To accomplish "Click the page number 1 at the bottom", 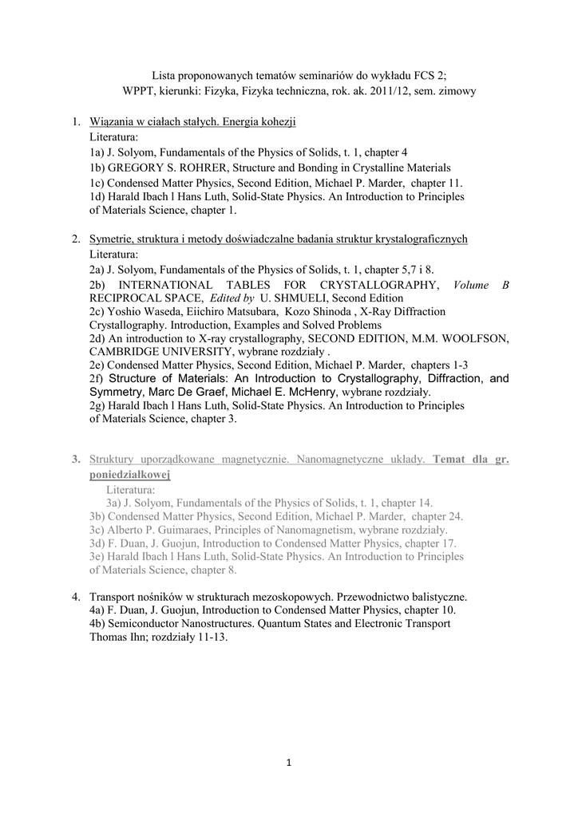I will (289, 763).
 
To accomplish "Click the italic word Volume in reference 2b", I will (473, 285).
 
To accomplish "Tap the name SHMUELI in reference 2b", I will (292, 298).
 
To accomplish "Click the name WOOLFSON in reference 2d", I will (474, 338).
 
